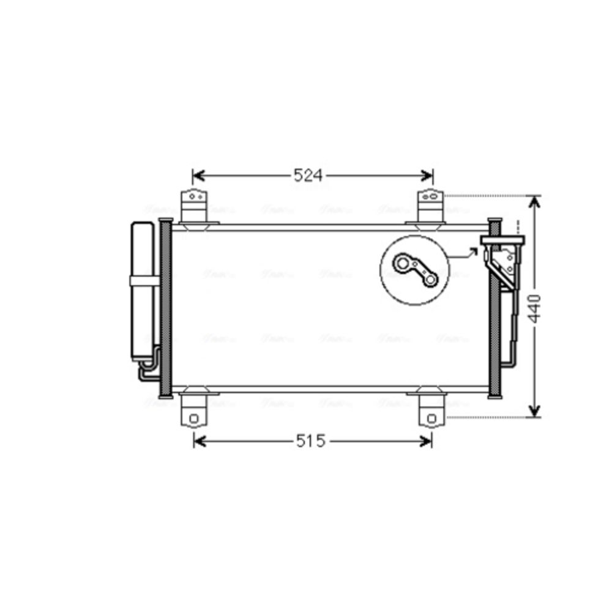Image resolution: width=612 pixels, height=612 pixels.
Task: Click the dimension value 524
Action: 308,176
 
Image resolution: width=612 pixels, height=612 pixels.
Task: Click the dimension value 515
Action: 310,441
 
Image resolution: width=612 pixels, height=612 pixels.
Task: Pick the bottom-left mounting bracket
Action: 193,412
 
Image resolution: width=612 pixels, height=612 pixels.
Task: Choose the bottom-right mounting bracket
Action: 431,412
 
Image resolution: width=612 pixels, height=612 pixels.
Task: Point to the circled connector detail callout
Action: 415,271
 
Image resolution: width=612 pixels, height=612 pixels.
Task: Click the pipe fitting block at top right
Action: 502,240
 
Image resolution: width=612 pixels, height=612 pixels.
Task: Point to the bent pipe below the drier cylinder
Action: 147,370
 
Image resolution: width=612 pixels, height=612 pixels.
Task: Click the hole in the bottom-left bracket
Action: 193,419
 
